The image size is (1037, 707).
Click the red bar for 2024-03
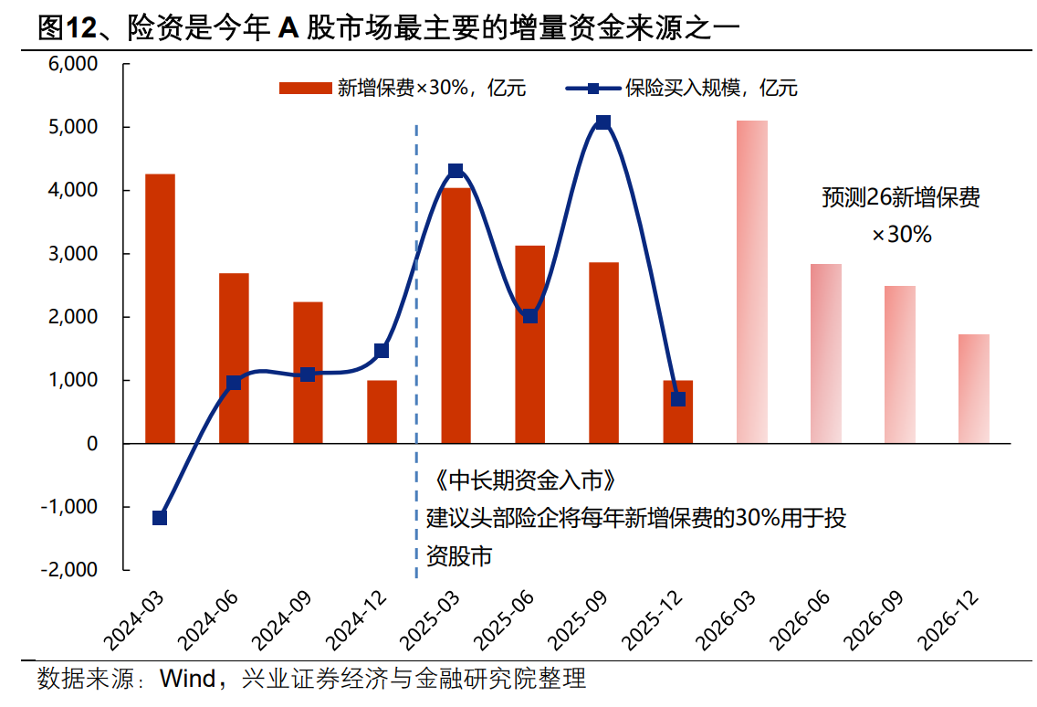point(160,309)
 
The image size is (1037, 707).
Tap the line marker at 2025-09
point(602,122)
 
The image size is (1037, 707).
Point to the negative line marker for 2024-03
point(160,518)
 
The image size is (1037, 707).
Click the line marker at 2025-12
point(677,399)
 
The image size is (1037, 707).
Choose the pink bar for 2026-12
point(974,388)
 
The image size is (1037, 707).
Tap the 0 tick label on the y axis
point(92,443)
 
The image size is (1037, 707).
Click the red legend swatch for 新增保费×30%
point(305,89)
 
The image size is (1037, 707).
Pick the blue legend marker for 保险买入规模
point(592,89)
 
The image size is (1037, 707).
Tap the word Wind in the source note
point(187,679)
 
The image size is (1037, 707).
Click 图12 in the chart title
point(67,28)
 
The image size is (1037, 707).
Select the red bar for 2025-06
point(529,344)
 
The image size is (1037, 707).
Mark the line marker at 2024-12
point(382,351)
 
